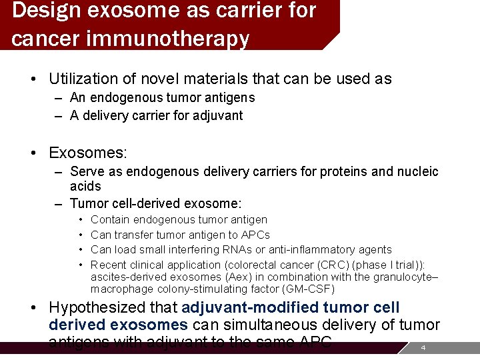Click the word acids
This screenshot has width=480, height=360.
[x=85, y=187]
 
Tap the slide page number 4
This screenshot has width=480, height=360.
[x=421, y=348]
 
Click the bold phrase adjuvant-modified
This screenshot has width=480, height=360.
[x=249, y=308]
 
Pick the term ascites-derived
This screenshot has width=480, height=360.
[x=126, y=277]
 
